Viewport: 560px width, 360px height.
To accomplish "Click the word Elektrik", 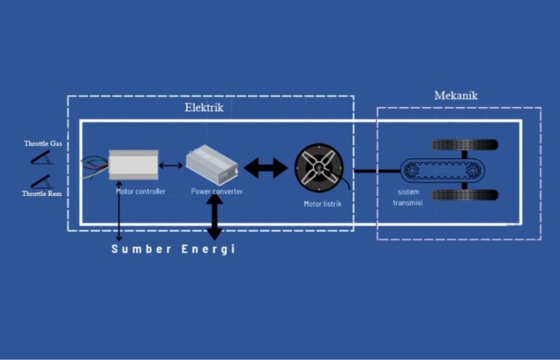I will tap(203, 108).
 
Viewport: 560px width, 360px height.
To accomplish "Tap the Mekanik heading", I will tap(456, 96).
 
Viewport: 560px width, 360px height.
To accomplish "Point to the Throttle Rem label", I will tap(42, 194).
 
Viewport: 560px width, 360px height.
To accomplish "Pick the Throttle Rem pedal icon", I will tap(42, 181).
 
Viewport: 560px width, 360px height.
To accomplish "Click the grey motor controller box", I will tap(133, 164).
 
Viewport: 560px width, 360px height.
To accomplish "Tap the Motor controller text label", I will tap(141, 191).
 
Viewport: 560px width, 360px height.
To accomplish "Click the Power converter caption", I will tap(217, 191).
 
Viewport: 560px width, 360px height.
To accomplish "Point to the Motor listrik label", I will tap(323, 204).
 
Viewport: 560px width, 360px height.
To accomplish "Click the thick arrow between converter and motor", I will tap(265, 168).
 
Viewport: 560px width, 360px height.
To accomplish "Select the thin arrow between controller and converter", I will tap(171, 165).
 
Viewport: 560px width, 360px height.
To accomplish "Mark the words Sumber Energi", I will tap(173, 249).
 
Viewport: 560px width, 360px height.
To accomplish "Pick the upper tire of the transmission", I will tap(464, 145).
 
